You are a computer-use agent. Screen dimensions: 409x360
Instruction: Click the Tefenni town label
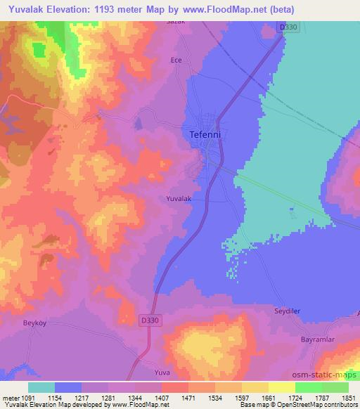point(206,133)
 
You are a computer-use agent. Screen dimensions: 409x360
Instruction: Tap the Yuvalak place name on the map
point(179,199)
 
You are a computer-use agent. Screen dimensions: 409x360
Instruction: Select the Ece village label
point(176,60)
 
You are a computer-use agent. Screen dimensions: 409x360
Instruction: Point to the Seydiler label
point(287,310)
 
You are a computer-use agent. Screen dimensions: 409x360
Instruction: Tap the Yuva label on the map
point(162,371)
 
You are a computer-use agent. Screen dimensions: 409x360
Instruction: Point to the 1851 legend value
point(349,397)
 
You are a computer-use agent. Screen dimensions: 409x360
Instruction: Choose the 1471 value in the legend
point(188,397)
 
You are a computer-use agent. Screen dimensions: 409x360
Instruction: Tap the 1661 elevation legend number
point(269,397)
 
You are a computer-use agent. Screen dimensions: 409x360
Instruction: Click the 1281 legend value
point(109,397)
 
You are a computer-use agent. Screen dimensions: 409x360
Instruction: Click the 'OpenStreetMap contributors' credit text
point(317,405)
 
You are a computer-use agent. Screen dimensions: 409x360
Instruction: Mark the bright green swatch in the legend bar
point(309,387)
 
